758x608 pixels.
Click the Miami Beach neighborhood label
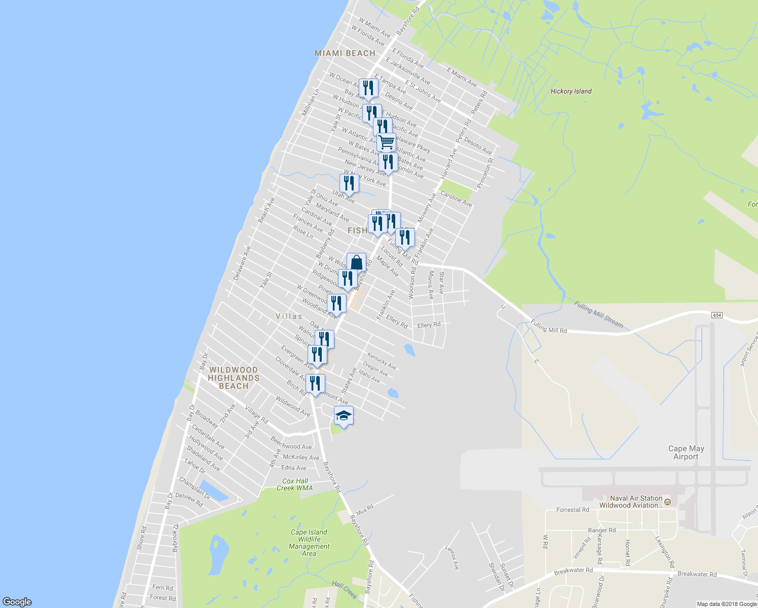point(345,53)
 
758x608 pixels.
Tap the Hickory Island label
point(571,91)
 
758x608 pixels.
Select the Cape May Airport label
point(686,452)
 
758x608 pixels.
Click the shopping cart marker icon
point(386,142)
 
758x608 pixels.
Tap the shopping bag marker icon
point(356,262)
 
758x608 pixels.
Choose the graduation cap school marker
point(344,416)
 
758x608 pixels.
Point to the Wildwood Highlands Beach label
point(234,378)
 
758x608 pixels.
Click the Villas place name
point(289,316)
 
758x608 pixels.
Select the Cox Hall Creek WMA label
point(295,484)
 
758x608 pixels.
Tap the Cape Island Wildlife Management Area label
point(309,543)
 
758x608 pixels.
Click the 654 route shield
point(716,315)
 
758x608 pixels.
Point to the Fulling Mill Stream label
point(598,314)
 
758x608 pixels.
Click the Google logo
point(17,601)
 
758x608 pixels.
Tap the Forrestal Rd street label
point(573,510)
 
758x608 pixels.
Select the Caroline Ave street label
point(456,199)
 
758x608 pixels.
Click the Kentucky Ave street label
point(382,361)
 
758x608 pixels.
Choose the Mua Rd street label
point(365,507)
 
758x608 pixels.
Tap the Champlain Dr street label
point(195,487)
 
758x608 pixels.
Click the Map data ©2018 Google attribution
point(726,604)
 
